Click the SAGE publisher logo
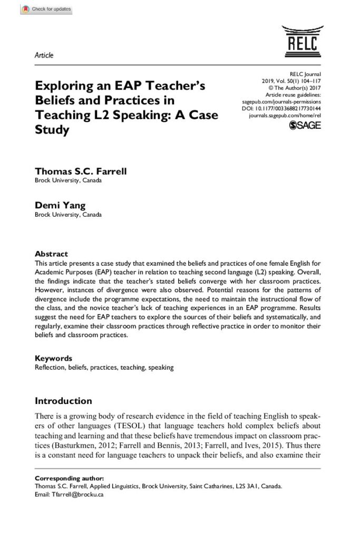[x=305, y=125]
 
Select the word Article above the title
[x=44, y=55]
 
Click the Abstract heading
[x=51, y=254]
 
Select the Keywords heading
[x=53, y=358]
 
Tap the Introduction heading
[x=63, y=401]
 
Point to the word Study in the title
[x=52, y=130]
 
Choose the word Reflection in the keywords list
[x=50, y=367]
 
